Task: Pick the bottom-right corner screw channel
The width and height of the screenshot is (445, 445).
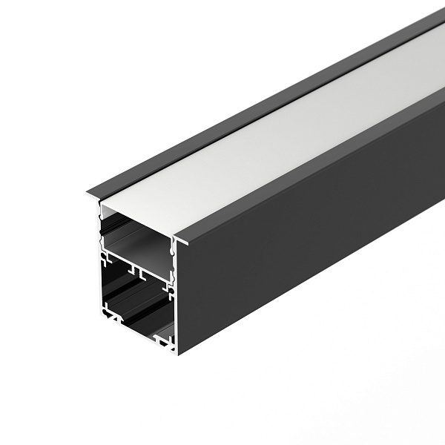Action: tap(165, 341)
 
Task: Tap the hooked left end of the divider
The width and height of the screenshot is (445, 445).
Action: tap(104, 257)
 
